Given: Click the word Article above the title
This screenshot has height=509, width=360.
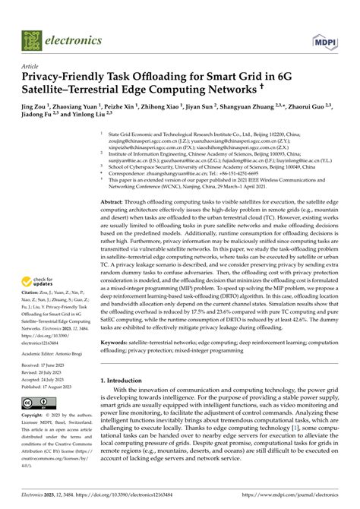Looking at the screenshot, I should pos(32,66).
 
